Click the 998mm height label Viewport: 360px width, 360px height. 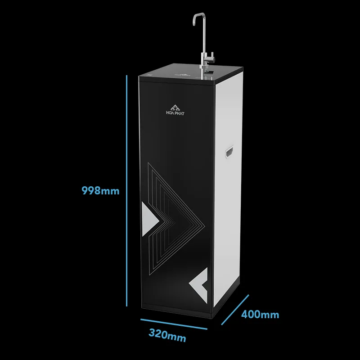point(100,190)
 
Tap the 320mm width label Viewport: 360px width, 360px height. point(167,335)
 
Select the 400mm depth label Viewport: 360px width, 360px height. point(260,314)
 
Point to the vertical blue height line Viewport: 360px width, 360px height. point(126,190)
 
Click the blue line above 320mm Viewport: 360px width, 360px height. point(174,324)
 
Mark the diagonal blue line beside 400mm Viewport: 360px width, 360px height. point(235,310)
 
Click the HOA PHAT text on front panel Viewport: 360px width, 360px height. point(175,113)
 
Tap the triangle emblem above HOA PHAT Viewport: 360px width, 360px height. point(175,107)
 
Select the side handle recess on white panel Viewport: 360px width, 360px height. point(229,152)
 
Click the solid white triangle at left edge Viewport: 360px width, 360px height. point(150,219)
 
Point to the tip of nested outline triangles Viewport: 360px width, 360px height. point(204,225)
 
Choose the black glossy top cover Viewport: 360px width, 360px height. point(190,73)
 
